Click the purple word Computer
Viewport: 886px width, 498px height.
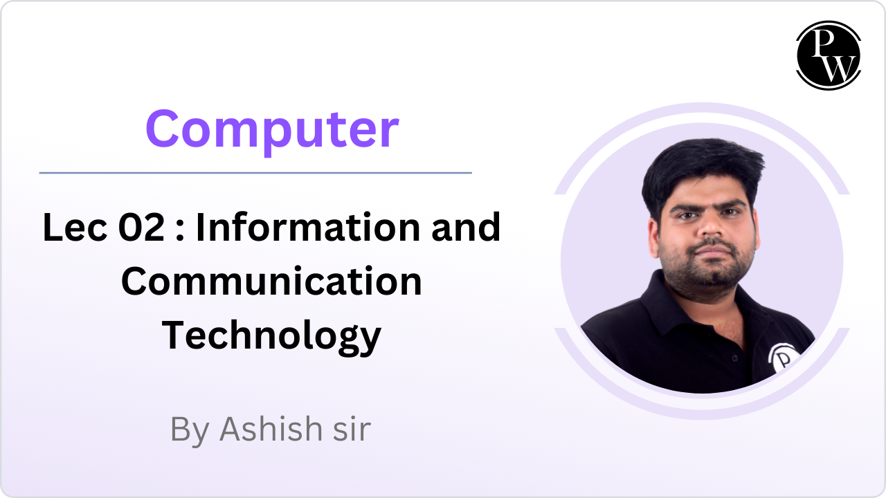point(272,131)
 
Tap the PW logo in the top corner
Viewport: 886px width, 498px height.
point(829,55)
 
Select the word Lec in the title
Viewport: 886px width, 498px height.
point(75,228)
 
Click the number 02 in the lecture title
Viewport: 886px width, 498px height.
point(141,228)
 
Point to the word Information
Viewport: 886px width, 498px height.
point(309,228)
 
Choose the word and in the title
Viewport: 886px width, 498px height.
point(466,228)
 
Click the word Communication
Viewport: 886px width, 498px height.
point(272,281)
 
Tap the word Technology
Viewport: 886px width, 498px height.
point(271,337)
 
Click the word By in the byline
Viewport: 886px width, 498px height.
point(190,431)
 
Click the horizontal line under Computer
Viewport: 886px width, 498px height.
point(255,173)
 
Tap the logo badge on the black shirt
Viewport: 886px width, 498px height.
point(783,358)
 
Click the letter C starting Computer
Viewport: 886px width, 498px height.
point(163,129)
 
